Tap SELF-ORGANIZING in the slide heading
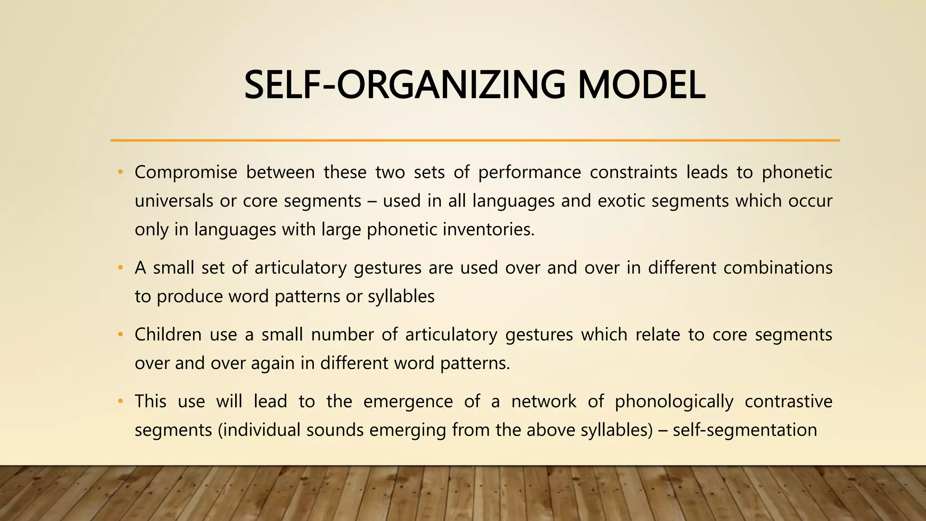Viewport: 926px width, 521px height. coord(404,85)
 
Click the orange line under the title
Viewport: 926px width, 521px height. coord(475,141)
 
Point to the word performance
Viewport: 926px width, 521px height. coord(529,172)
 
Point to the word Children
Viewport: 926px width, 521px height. coord(168,335)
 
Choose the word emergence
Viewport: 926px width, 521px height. coord(408,401)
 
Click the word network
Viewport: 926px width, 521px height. coord(544,401)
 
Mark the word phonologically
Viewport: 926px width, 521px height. coord(674,402)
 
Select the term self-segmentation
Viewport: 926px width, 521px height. coord(745,430)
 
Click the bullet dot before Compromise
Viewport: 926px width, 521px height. coord(120,172)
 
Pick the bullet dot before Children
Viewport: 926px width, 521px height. coord(120,335)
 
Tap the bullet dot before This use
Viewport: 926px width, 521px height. coord(120,402)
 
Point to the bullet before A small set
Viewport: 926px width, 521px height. coord(120,268)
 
